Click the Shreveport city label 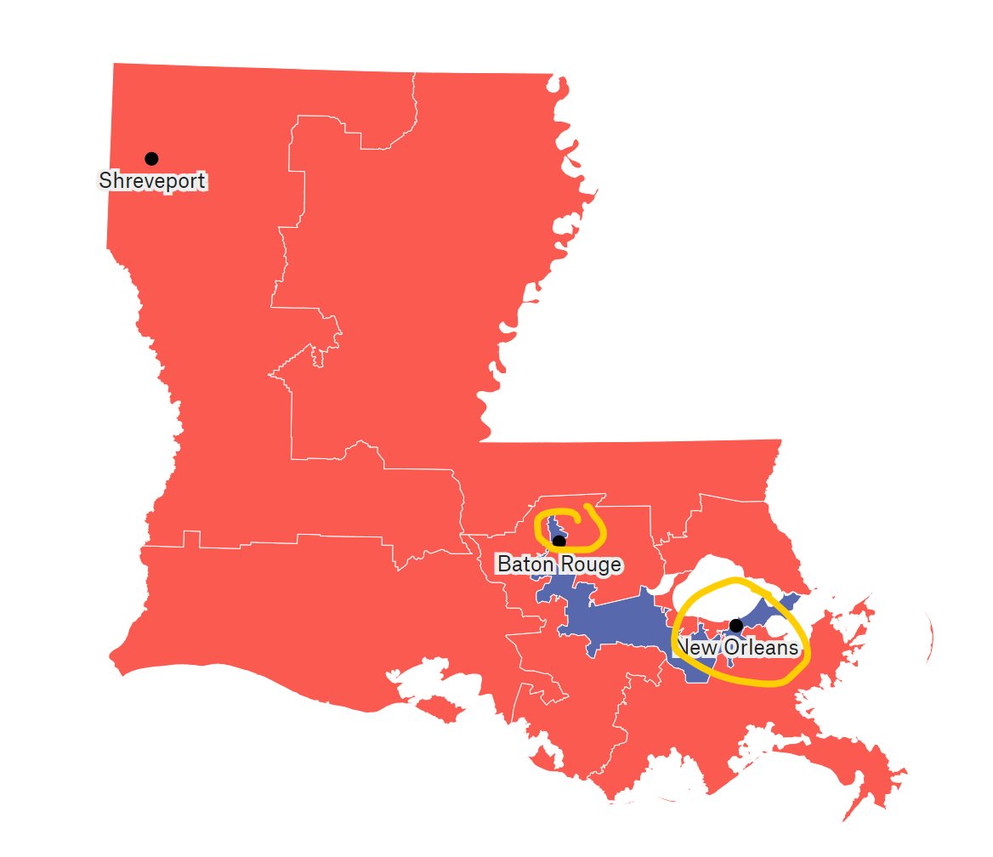point(153,181)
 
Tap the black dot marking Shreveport point(151,158)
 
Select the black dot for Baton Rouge point(559,541)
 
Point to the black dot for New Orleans point(736,626)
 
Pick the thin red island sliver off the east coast point(933,633)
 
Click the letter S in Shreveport point(105,181)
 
